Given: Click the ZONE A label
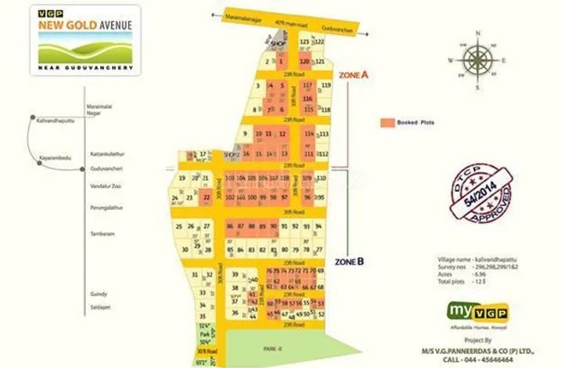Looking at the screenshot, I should (x=352, y=74).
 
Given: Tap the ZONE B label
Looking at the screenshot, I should (x=349, y=261).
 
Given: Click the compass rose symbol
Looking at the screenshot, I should (x=476, y=60).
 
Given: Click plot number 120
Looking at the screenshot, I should (x=304, y=60).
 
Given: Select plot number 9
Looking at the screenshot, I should (x=246, y=134).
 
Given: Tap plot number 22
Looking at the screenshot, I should (x=206, y=198).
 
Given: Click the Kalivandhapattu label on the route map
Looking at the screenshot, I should (x=55, y=121).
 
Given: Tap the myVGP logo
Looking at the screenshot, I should (x=477, y=311).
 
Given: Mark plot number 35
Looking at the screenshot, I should (x=203, y=305).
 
